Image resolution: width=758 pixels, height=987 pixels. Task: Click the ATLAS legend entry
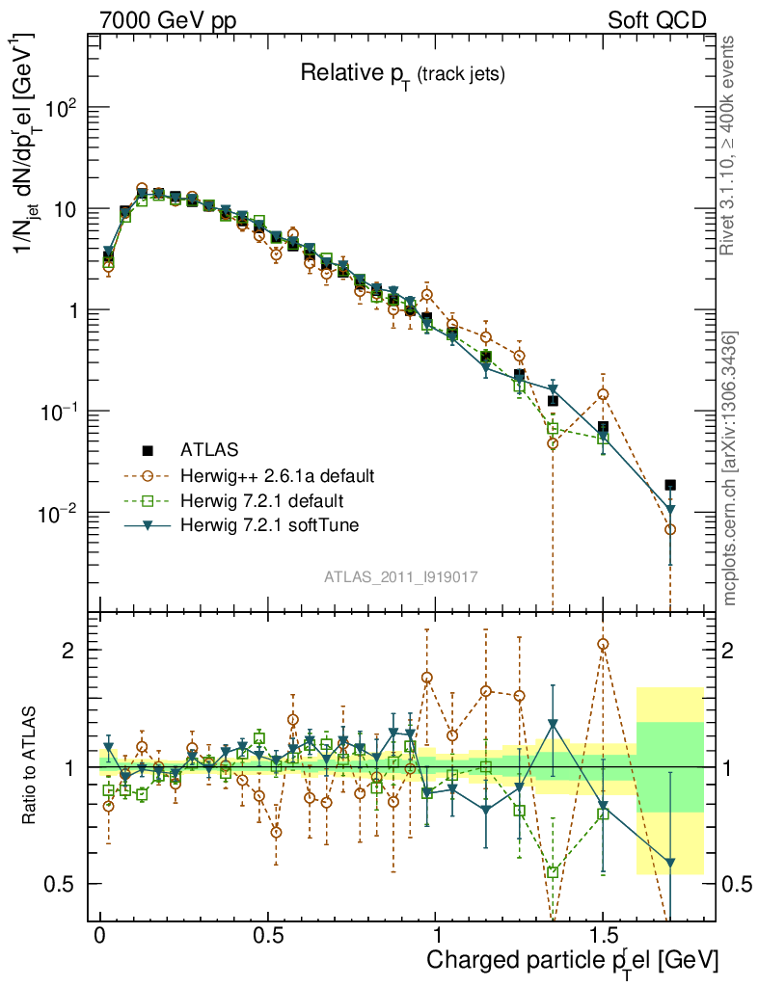click(x=208, y=449)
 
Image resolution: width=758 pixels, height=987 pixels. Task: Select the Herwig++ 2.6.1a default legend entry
click(x=277, y=475)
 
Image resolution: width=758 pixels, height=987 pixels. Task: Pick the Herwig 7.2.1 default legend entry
click(x=262, y=501)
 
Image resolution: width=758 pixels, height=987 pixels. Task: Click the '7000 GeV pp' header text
click(x=168, y=20)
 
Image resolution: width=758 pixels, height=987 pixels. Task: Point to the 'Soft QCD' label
click(x=657, y=20)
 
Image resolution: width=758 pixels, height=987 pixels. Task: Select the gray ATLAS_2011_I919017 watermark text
click(x=401, y=576)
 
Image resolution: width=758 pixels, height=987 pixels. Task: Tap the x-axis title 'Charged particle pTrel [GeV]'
click(x=573, y=960)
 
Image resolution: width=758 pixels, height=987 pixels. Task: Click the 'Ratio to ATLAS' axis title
click(x=31, y=766)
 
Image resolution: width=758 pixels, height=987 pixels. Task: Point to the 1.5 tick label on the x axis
click(x=603, y=937)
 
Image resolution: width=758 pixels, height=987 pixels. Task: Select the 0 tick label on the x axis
click(x=100, y=937)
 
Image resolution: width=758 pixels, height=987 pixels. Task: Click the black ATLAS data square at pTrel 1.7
click(x=670, y=485)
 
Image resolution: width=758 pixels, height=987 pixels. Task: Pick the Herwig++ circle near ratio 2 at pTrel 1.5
click(x=603, y=644)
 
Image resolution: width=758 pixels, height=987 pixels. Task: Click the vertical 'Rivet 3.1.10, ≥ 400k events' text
click(x=729, y=145)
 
